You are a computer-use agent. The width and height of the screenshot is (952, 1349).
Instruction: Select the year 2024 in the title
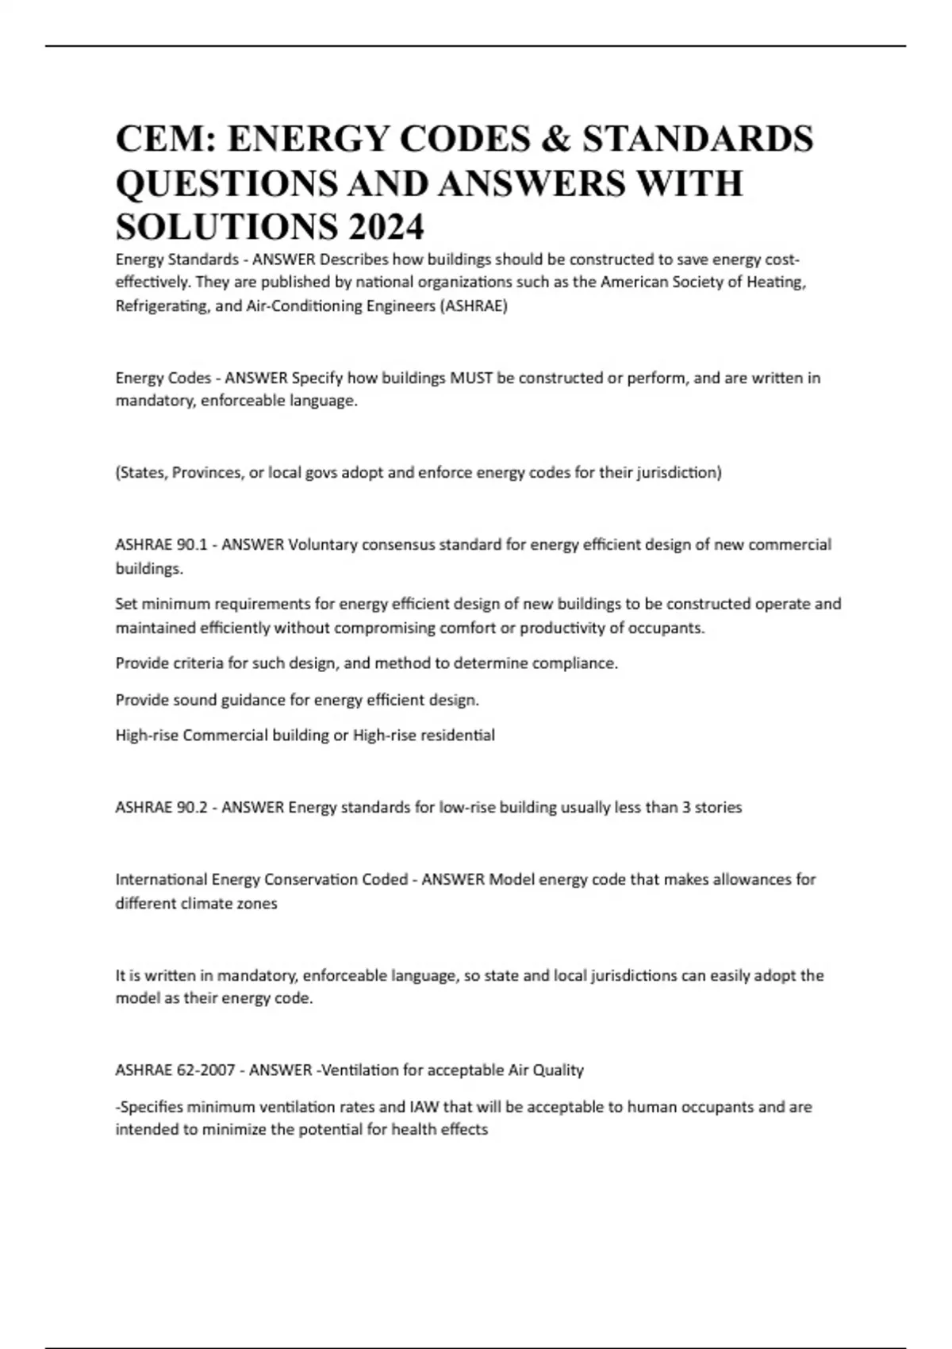[x=384, y=228]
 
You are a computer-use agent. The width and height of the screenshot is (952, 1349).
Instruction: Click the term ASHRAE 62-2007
[x=175, y=1070]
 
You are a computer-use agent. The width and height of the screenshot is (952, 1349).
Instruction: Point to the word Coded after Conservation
[x=385, y=879]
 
